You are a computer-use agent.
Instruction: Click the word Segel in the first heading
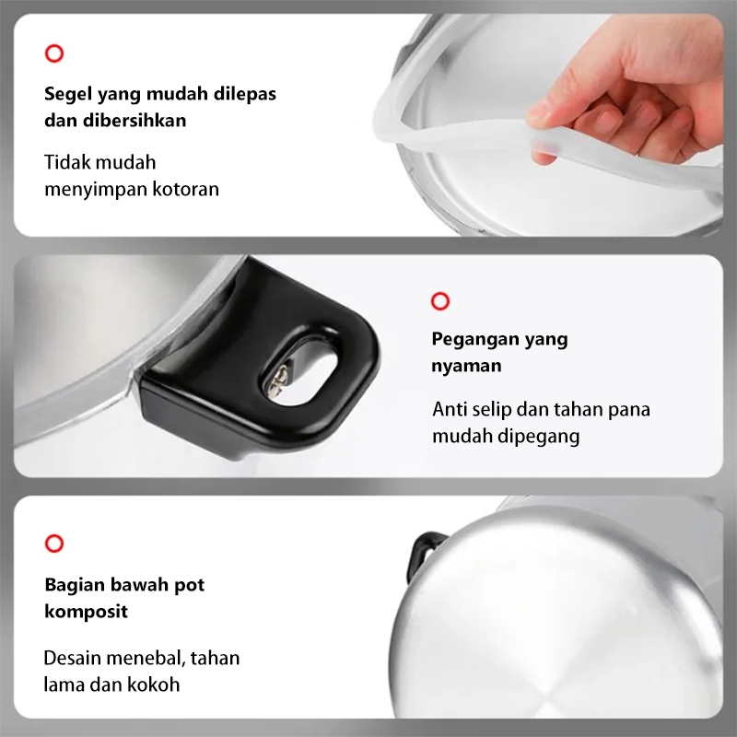(x=68, y=94)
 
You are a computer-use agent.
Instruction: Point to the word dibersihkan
(x=135, y=121)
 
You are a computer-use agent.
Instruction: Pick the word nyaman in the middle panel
(x=467, y=366)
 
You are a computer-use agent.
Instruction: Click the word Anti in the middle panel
(x=449, y=409)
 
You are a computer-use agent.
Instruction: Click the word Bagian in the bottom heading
(x=75, y=586)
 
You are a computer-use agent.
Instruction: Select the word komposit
(x=86, y=612)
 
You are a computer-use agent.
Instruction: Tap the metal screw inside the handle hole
(x=277, y=381)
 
